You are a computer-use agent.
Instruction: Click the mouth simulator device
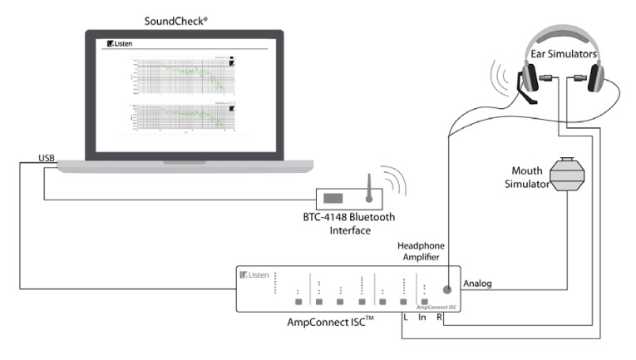pyautogui.click(x=569, y=175)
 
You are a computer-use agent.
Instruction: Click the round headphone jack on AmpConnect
pyautogui.click(x=447, y=289)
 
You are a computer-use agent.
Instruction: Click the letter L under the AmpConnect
pyautogui.click(x=404, y=317)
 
